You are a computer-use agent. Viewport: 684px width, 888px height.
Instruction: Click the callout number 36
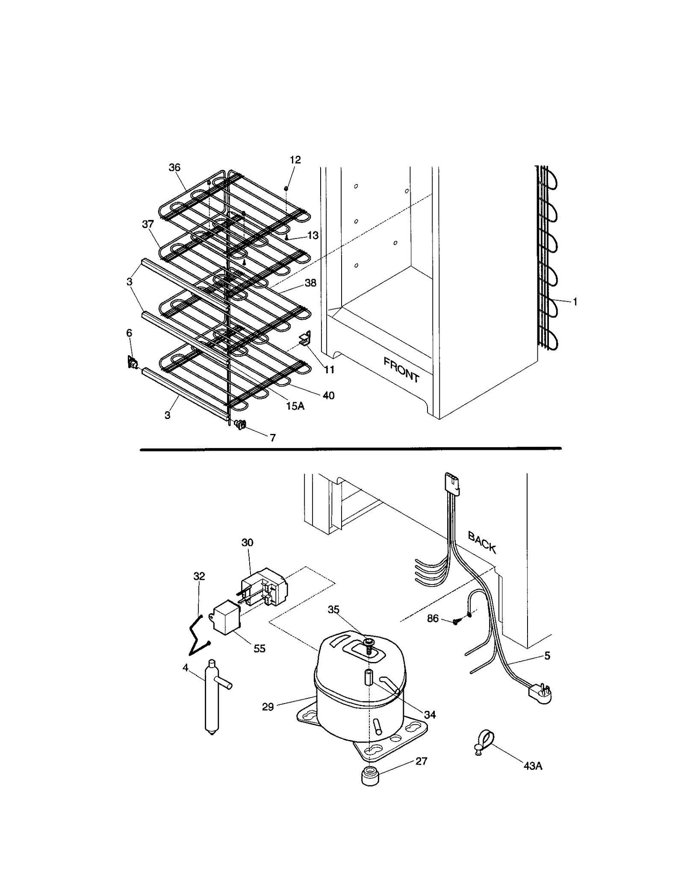tap(174, 167)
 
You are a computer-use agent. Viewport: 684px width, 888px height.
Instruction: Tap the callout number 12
tap(295, 160)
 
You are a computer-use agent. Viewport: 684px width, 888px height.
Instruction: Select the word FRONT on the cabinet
tap(401, 370)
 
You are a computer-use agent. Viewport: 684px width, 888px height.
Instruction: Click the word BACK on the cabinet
tap(482, 542)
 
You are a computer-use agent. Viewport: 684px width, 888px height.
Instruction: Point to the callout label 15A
tap(295, 406)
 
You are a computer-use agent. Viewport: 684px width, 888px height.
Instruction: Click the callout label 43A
tap(533, 766)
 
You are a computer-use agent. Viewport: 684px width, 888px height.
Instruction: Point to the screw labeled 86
tap(457, 621)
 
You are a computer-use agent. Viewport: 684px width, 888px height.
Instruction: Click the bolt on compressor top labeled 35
tap(369, 654)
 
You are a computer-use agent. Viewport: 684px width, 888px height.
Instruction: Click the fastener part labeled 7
tap(241, 424)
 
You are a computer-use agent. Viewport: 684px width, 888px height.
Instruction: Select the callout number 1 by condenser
tap(575, 302)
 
